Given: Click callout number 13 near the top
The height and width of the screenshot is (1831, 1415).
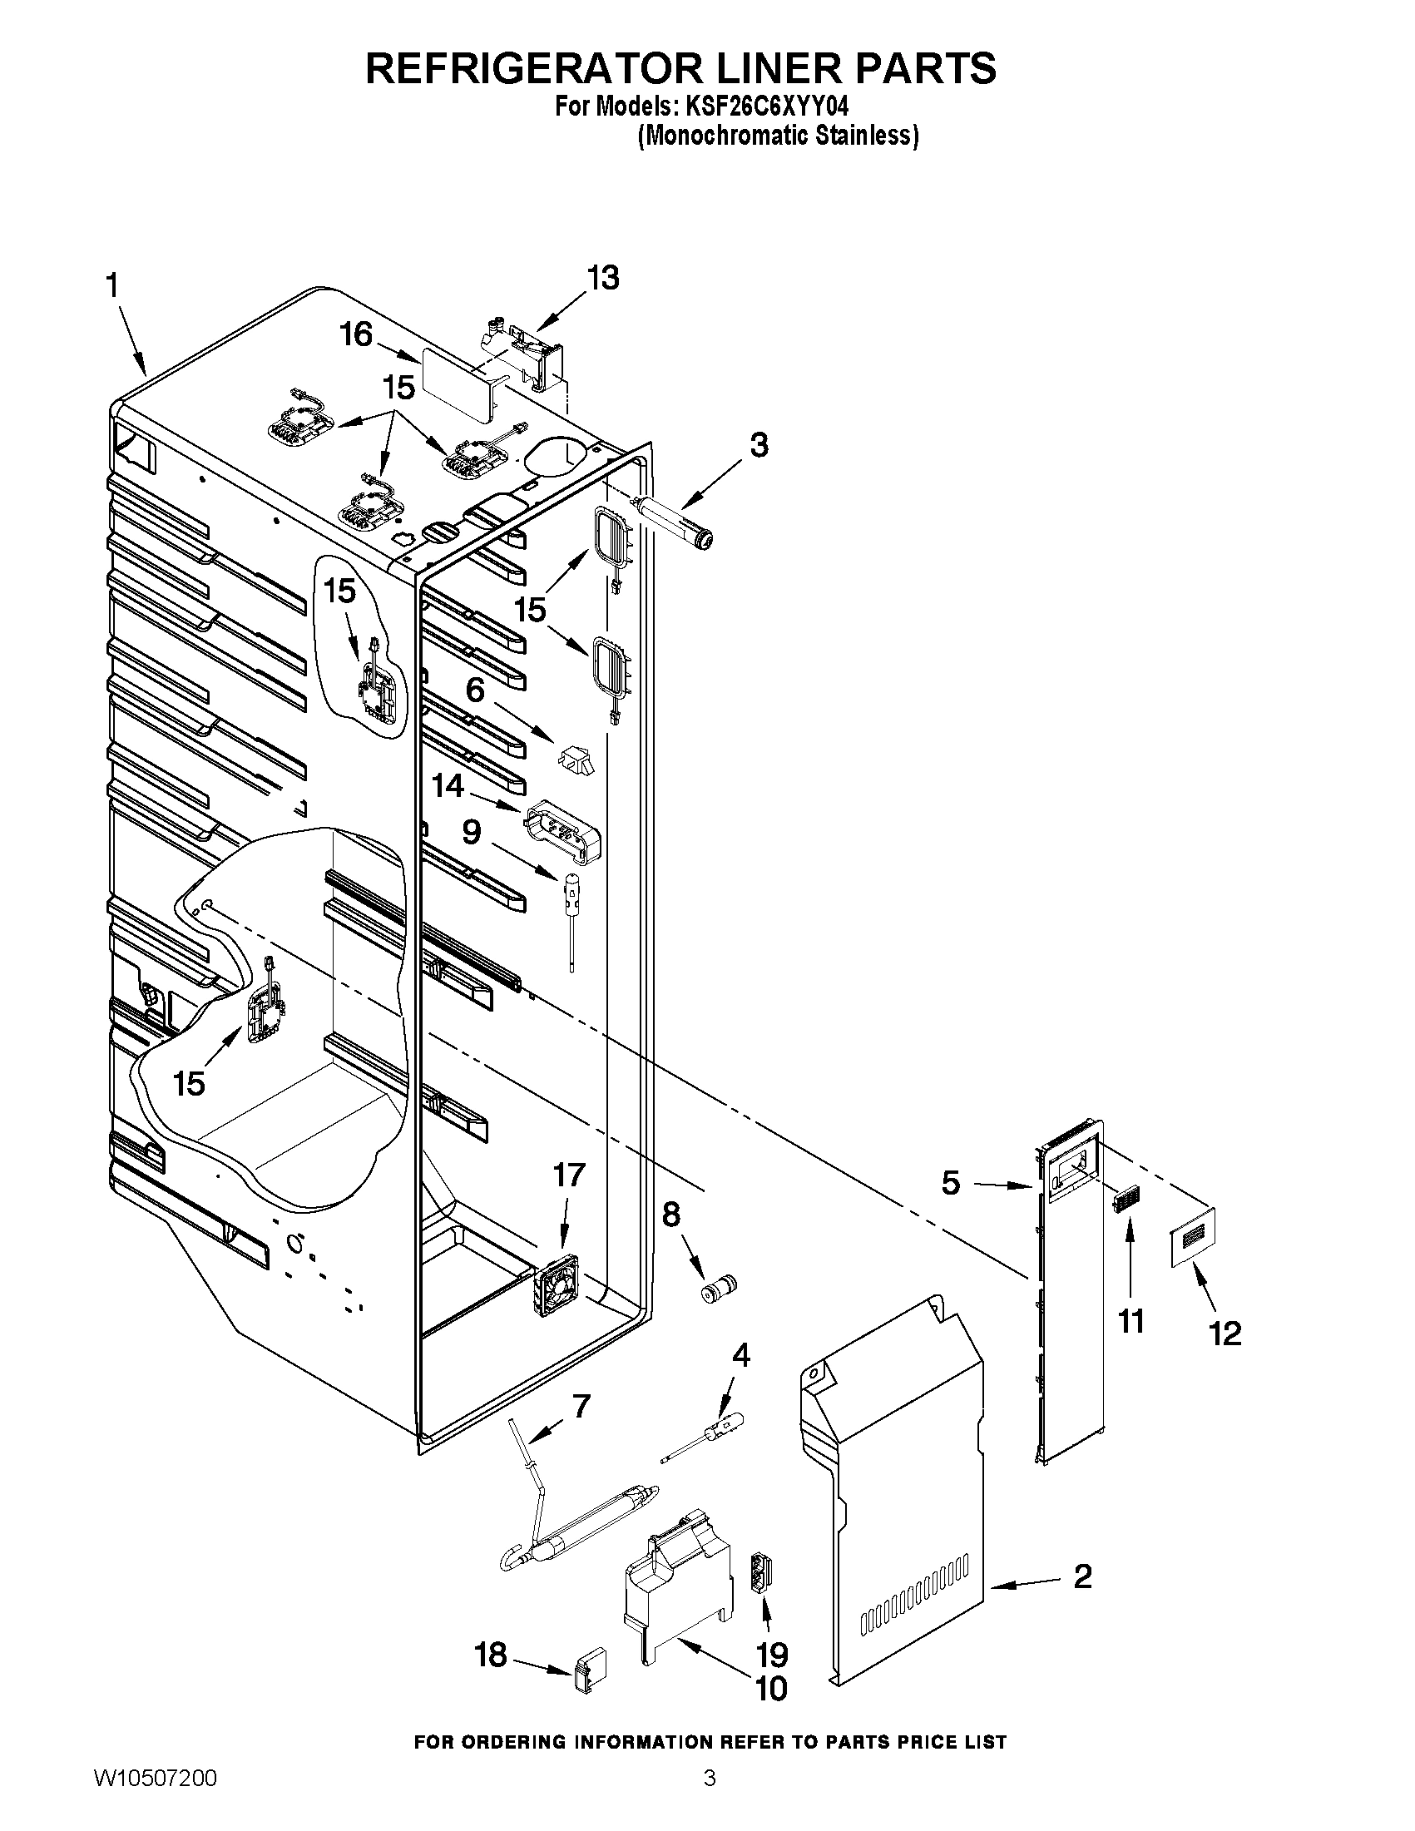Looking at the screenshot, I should click(603, 278).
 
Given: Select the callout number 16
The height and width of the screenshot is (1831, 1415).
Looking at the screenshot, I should click(355, 334).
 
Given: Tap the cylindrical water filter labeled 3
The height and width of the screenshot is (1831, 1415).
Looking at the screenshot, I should click(676, 521).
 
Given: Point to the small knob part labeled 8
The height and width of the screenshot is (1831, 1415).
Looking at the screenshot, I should click(718, 1290).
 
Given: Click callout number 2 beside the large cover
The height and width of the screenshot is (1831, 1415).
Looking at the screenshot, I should click(1082, 1576).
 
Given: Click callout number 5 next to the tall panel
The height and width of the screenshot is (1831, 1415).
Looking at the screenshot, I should click(951, 1183).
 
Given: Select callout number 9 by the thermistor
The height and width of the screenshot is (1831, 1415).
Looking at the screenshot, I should click(471, 832).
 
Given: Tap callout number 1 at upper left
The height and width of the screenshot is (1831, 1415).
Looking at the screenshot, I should click(112, 287).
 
